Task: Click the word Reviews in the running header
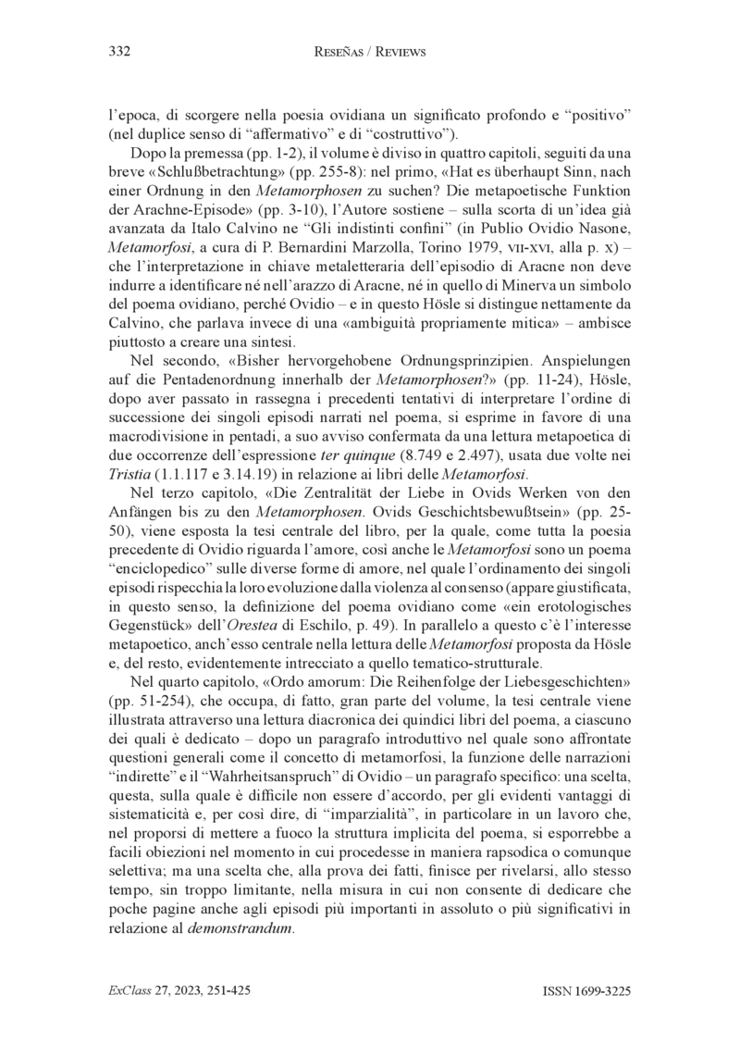point(397,53)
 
